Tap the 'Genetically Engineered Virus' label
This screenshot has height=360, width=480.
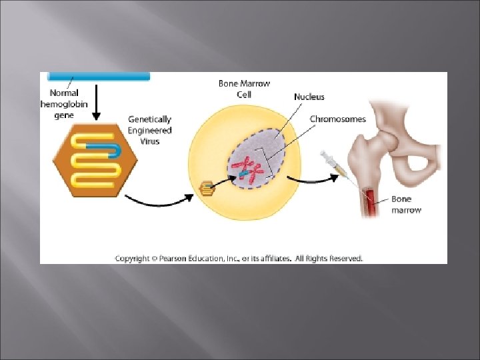pyautogui.click(x=150, y=131)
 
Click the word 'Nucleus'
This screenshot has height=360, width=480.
pyautogui.click(x=309, y=97)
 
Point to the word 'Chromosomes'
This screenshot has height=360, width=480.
pyautogui.click(x=337, y=119)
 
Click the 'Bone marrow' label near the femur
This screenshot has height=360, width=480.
pyautogui.click(x=406, y=204)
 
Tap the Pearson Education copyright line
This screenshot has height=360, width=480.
pyautogui.click(x=239, y=258)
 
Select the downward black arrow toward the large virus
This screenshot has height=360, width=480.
pyautogui.click(x=95, y=104)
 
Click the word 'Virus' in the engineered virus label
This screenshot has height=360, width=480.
pyautogui.click(x=150, y=141)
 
